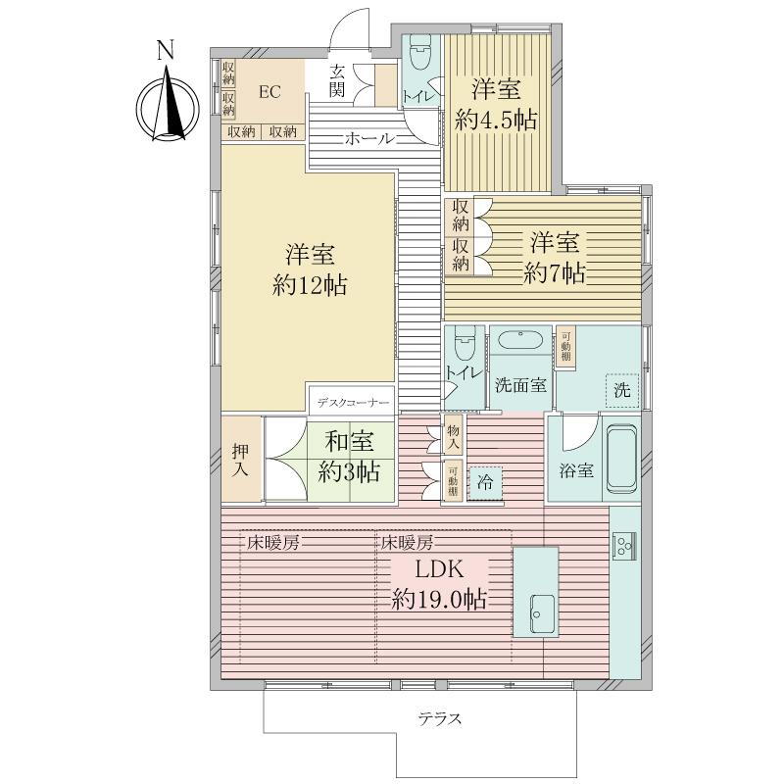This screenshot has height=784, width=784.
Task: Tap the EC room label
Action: [x=269, y=92]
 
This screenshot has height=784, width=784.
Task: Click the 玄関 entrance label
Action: [x=337, y=81]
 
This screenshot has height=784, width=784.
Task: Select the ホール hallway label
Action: [x=369, y=138]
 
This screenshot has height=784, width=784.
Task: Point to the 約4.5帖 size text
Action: [x=496, y=121]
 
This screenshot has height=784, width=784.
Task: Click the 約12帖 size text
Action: [x=310, y=286]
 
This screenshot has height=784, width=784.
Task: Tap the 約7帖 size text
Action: [x=554, y=273]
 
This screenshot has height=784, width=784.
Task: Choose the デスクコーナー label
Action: [x=353, y=402]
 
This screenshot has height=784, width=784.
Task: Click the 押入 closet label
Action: [x=240, y=461]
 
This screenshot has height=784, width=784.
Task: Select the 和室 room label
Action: [x=350, y=442]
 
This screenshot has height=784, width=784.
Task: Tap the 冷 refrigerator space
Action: [x=485, y=483]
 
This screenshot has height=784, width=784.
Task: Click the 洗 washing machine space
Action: [x=622, y=390]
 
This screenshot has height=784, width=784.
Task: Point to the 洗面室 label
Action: [x=520, y=385]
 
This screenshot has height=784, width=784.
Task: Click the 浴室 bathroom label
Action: [x=576, y=470]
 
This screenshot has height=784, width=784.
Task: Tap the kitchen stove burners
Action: [x=624, y=545]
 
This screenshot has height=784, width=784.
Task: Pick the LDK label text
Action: [x=439, y=569]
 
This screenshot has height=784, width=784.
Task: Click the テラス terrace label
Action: [x=439, y=719]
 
